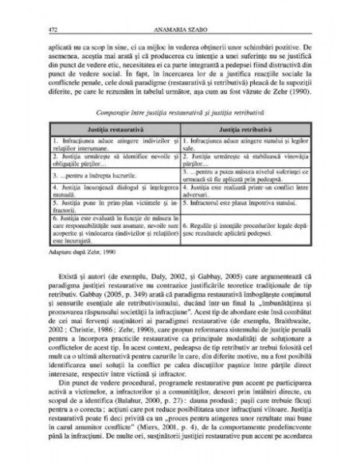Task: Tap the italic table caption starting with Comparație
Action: tap(179, 115)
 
